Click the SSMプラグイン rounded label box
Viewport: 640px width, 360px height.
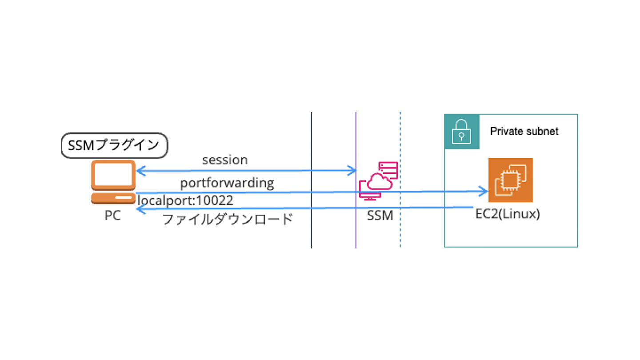[114, 145]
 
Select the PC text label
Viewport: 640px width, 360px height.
[112, 216]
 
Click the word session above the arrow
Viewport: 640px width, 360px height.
[225, 160]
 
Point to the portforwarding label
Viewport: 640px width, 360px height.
[227, 183]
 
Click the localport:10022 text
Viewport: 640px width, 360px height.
[185, 200]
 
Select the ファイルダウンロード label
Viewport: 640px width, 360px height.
[228, 219]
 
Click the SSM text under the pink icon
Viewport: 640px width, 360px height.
[380, 216]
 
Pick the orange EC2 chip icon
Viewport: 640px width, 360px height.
[510, 180]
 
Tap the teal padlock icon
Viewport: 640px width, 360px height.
[462, 132]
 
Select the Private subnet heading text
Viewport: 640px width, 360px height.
[524, 132]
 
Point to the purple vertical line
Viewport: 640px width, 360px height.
[356, 231]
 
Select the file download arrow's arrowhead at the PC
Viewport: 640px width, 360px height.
[139, 209]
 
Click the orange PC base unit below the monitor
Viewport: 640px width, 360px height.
[113, 198]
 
